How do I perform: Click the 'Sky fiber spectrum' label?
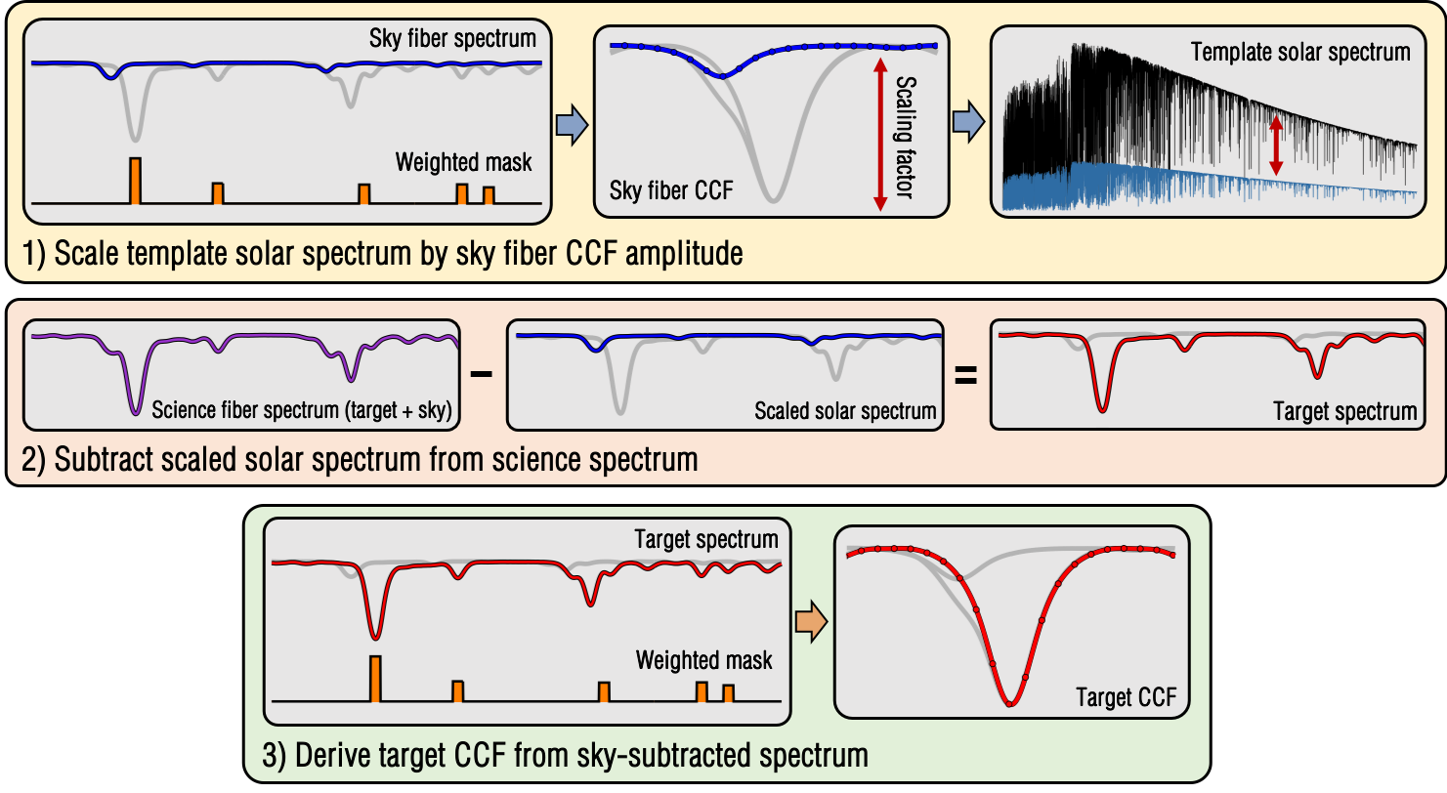pyautogui.click(x=452, y=39)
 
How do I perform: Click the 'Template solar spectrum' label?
pyautogui.click(x=1300, y=52)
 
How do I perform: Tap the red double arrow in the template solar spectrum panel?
pyautogui.click(x=1274, y=146)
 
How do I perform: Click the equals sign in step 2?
pyautogui.click(x=965, y=374)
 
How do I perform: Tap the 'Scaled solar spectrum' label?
pyautogui.click(x=845, y=411)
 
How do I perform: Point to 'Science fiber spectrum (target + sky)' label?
pyautogui.click(x=301, y=411)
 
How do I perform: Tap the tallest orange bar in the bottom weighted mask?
pyautogui.click(x=375, y=679)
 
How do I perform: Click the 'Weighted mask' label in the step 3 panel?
pyautogui.click(x=703, y=660)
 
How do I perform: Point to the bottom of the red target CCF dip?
pyautogui.click(x=1011, y=702)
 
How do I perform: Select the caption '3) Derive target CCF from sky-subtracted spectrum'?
pyautogui.click(x=561, y=755)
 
